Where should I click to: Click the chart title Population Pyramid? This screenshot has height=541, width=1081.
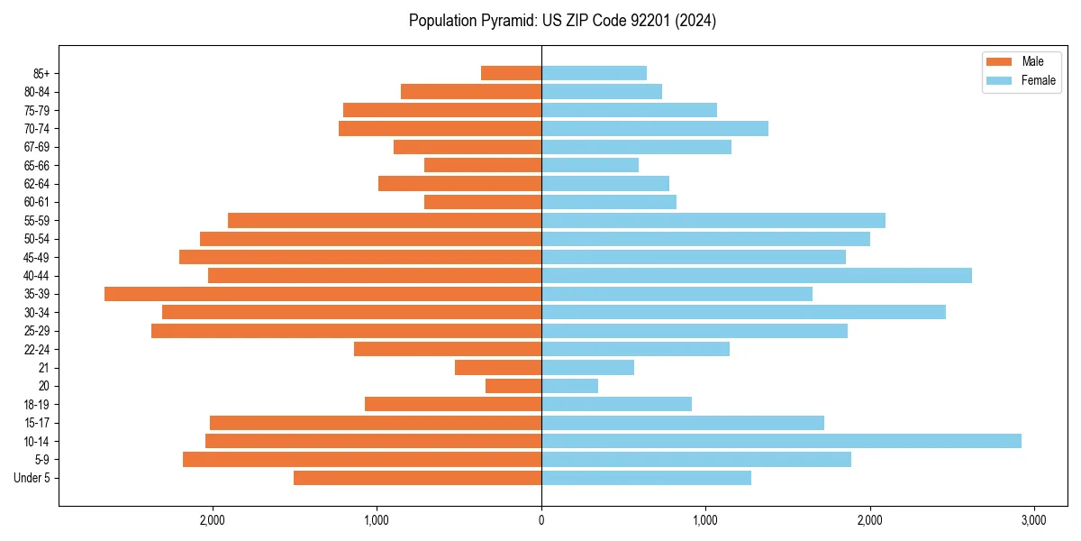(x=562, y=21)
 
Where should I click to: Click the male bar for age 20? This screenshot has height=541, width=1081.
(x=513, y=386)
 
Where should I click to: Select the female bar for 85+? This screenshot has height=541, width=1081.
(x=594, y=73)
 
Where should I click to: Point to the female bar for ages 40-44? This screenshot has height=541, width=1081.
(x=756, y=275)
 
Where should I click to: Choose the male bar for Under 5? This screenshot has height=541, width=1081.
(x=417, y=478)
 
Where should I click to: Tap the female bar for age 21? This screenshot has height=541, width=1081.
(x=587, y=368)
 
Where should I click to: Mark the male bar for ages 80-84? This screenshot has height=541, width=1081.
(x=471, y=91)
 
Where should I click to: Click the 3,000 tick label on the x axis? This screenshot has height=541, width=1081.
(x=1033, y=520)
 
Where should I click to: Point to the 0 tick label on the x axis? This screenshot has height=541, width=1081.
(x=541, y=520)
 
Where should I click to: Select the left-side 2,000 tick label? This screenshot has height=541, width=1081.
(x=213, y=520)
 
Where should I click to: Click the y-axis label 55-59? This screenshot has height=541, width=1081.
(x=37, y=221)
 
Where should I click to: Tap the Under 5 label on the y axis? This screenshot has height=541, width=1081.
(x=32, y=478)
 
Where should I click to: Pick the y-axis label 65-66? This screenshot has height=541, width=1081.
(x=37, y=165)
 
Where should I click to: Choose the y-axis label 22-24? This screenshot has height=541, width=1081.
(x=37, y=350)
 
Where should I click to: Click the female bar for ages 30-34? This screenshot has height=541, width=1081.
(x=743, y=312)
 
